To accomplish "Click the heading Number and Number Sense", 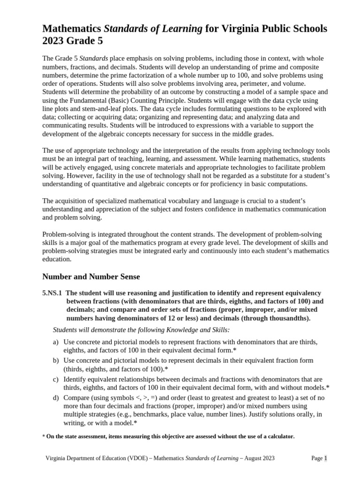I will coord(91,277).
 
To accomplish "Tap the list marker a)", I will coord(56,342).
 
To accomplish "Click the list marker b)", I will coord(56,360).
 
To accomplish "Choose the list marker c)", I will coord(56,379).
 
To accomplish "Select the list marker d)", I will coord(56,397).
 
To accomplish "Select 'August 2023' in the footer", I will coord(258,458).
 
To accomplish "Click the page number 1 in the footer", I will coord(325,458).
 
